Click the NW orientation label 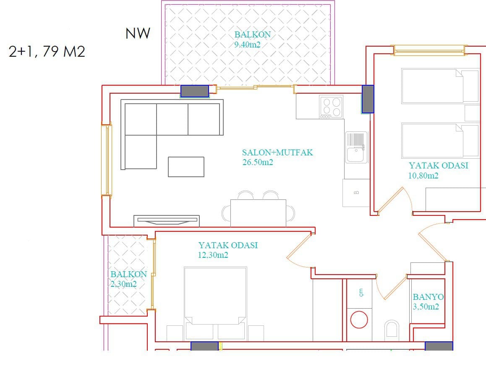(x=138, y=33)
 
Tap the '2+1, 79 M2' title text (x=47, y=52)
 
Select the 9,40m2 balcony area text (x=247, y=45)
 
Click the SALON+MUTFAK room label (x=277, y=152)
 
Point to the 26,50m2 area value (x=258, y=162)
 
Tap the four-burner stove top (x=331, y=107)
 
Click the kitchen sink (x=356, y=147)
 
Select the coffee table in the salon (x=186, y=167)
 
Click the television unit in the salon (x=167, y=221)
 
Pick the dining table (x=258, y=213)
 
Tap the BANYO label (x=428, y=297)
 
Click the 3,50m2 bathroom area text (x=426, y=307)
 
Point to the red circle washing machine (x=359, y=320)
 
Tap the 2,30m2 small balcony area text (x=123, y=284)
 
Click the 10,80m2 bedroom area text (x=423, y=176)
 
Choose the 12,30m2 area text (x=213, y=255)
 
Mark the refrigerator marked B (x=356, y=193)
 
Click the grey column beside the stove (x=368, y=99)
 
